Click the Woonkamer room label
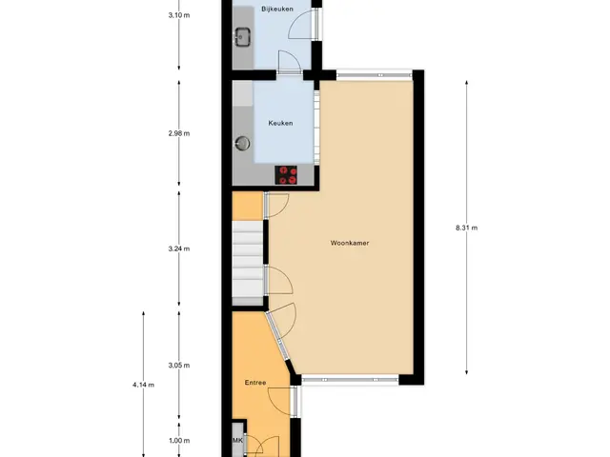click(350, 243)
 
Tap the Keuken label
click(280, 123)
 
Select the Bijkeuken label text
click(277, 9)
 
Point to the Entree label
click(255, 383)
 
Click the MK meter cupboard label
click(237, 440)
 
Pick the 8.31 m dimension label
click(466, 228)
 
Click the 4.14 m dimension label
click(143, 385)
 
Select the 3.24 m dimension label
click(179, 248)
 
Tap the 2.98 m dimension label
click(179, 133)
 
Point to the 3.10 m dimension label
click(179, 15)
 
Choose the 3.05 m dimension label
click(179, 365)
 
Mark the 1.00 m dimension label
click(179, 440)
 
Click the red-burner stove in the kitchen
click(286, 175)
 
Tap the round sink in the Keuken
click(243, 143)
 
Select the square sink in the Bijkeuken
click(242, 37)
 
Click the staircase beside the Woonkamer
click(248, 263)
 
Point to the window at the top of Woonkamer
click(375, 74)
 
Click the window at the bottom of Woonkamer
click(351, 379)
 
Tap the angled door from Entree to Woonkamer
click(281, 326)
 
